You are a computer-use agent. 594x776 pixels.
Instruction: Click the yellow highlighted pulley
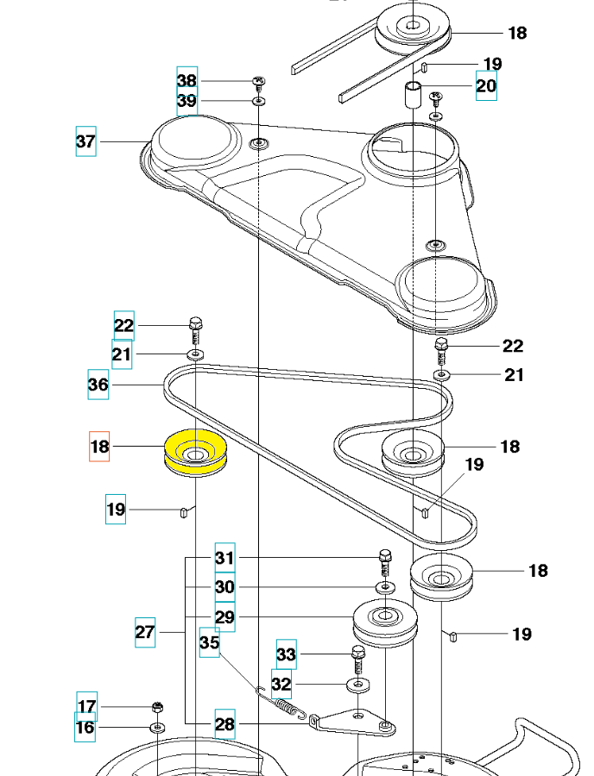[195, 453]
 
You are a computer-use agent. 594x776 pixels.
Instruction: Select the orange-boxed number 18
[99, 447]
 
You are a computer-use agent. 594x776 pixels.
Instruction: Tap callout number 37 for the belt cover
[85, 141]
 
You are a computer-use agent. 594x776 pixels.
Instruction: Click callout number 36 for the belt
[98, 384]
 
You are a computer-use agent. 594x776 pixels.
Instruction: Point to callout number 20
[486, 85]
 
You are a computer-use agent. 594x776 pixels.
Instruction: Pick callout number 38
[186, 80]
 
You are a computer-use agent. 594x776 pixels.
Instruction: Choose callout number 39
[186, 101]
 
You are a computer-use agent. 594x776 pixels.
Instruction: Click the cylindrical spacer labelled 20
[414, 94]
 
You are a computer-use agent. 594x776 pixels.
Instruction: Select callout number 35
[209, 642]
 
